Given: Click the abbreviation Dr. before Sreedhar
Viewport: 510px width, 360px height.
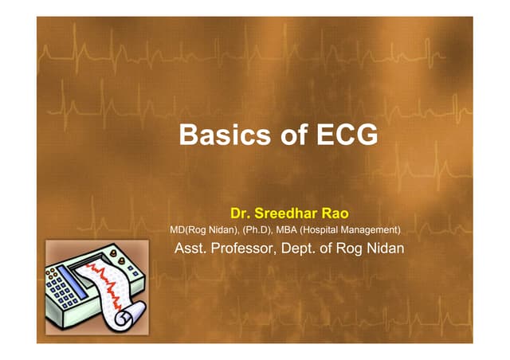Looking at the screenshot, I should click(x=241, y=213).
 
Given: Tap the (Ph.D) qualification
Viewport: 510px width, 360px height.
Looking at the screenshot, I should click(x=255, y=230).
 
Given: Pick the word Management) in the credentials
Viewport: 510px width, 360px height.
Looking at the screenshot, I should click(x=377, y=230).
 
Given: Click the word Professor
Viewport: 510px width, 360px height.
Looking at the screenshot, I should click(x=249, y=248).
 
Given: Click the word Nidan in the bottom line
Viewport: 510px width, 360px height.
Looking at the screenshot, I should click(x=384, y=248).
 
